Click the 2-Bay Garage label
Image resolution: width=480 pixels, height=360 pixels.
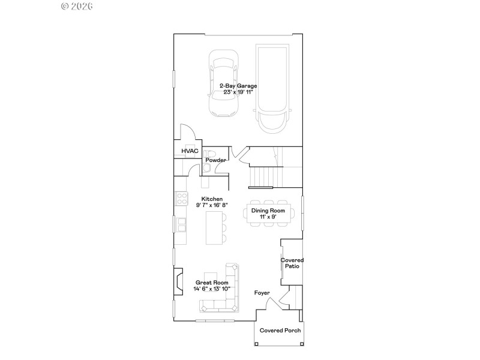coord(238,86)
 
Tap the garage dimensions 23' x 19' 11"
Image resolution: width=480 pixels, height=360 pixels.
coord(238,92)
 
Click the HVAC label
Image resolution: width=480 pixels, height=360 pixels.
coord(190,151)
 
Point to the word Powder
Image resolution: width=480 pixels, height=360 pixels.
coord(215,160)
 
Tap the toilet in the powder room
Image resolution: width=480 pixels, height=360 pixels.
coord(207,154)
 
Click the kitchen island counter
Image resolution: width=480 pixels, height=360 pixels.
coord(213,228)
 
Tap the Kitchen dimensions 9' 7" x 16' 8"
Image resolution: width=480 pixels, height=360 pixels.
coord(212,205)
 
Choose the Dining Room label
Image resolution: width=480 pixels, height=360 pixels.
coord(268,211)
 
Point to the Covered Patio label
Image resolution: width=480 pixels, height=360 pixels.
coord(292,263)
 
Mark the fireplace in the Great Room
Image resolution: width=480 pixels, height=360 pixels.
coord(178,281)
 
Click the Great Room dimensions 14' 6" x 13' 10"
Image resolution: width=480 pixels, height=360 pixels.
coord(212,289)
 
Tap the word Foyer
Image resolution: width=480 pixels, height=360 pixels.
coord(262,293)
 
